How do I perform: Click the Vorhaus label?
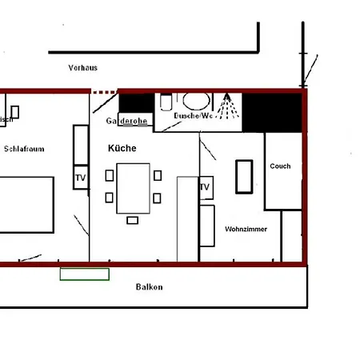(x=83, y=68)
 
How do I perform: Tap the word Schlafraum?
(x=24, y=149)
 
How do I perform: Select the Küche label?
(x=122, y=149)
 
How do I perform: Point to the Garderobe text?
(x=126, y=121)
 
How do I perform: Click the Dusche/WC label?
(x=194, y=116)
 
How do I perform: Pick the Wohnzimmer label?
(x=246, y=229)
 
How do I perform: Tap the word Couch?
(x=280, y=166)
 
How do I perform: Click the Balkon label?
(x=149, y=286)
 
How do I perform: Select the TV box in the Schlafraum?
(x=80, y=177)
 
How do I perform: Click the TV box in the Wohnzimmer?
(x=206, y=187)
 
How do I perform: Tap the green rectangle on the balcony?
(x=85, y=274)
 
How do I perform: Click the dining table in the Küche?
(x=133, y=188)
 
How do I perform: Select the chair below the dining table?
(x=133, y=220)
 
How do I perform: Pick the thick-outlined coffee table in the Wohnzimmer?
(x=244, y=176)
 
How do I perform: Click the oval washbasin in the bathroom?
(x=195, y=102)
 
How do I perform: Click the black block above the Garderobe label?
(x=136, y=102)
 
